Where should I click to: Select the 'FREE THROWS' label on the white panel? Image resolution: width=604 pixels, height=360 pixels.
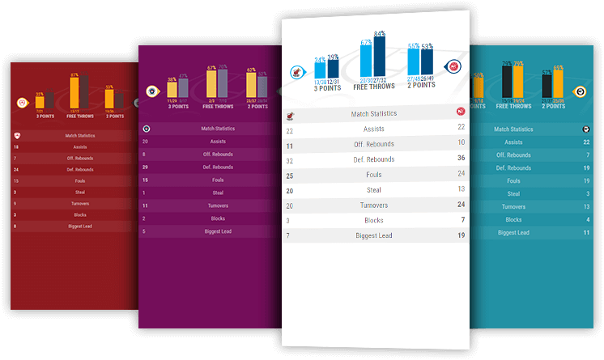(373, 87)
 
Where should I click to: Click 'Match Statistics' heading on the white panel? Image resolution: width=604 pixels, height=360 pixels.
(373, 114)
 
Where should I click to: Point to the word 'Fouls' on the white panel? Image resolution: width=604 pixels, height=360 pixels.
(373, 175)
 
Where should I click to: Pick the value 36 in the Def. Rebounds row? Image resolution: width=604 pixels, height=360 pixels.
(461, 159)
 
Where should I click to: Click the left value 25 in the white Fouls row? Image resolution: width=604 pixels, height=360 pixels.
(290, 175)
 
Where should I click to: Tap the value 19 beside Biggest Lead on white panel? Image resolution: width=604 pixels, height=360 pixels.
(461, 235)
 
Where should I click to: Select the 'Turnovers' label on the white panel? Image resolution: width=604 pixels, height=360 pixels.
(373, 205)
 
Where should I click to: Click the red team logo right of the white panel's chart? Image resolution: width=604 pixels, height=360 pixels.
(454, 67)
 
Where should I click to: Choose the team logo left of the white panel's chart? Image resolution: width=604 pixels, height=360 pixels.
(297, 72)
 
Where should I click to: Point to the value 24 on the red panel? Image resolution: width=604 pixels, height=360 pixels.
(17, 170)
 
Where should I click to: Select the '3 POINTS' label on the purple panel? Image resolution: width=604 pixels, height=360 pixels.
(177, 106)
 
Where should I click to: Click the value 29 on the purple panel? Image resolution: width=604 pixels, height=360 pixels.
(145, 167)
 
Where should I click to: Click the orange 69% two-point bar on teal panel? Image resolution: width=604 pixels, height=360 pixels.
(558, 83)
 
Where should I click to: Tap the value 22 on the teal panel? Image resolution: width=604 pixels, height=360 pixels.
(585, 142)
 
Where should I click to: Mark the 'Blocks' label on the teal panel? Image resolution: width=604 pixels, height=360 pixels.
(513, 219)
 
